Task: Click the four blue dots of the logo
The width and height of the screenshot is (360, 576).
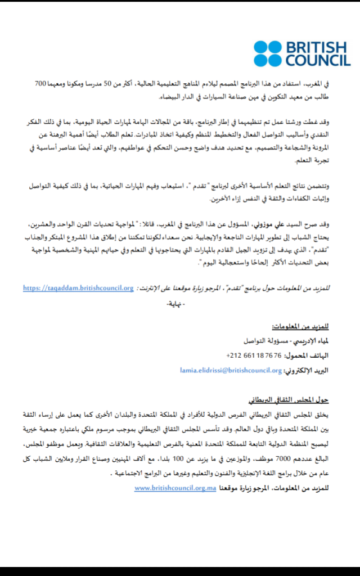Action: coord(267,53)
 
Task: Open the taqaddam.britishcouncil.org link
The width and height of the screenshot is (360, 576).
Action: coord(78,288)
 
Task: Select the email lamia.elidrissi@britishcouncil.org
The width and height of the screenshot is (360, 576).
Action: coord(231,370)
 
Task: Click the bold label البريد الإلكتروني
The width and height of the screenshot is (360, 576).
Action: coord(306,370)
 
